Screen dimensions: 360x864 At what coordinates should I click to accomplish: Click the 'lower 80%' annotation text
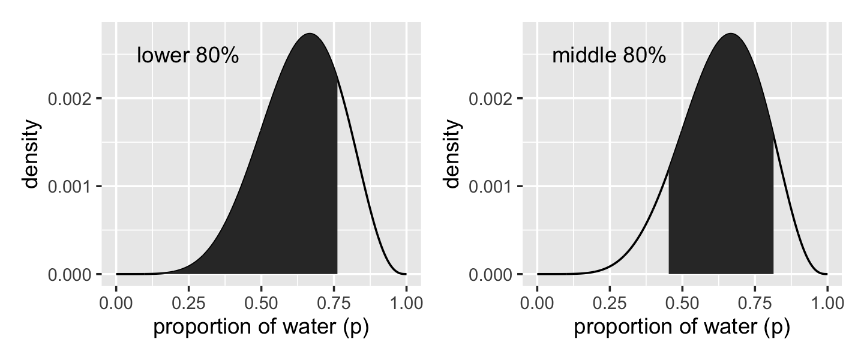[x=188, y=56]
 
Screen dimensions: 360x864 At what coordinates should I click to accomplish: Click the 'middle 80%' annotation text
[x=608, y=56]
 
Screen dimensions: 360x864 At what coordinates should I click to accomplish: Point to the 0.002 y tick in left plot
[x=71, y=98]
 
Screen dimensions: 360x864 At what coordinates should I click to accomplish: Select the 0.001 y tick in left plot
[x=71, y=186]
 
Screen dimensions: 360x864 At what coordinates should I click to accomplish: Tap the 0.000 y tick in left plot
[x=71, y=274]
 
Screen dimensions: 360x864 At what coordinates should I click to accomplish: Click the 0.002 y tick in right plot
[x=492, y=98]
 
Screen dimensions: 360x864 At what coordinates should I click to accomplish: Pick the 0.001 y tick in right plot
[x=492, y=186]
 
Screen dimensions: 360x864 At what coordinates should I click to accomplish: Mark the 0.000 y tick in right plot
[x=492, y=274]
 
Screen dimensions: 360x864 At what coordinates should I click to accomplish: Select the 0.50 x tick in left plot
[x=262, y=302]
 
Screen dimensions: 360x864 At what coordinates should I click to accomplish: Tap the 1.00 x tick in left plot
[x=406, y=302]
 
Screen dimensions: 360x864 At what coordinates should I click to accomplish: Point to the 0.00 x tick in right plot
[x=538, y=302]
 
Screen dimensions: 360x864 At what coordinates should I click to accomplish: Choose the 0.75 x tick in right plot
[x=755, y=302]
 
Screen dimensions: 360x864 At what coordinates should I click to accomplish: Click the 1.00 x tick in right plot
[x=827, y=302]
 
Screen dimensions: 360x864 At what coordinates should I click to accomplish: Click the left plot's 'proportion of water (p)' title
[x=261, y=328]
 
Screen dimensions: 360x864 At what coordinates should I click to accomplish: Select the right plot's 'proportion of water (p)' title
[x=682, y=328]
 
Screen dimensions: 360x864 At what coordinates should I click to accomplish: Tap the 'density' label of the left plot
[x=34, y=154]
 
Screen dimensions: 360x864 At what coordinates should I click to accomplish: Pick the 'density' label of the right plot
[x=455, y=154]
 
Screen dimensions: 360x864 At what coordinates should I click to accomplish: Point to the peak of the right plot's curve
[x=731, y=34]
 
